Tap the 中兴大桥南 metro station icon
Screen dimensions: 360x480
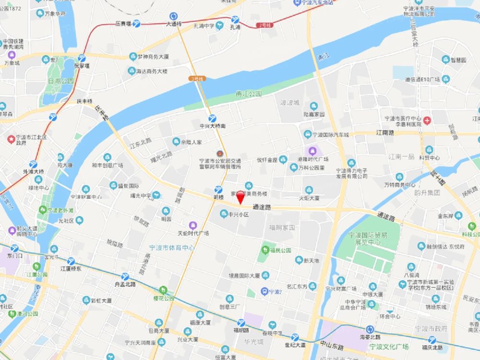coord(212,118)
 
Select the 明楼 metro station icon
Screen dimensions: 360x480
coord(218,190)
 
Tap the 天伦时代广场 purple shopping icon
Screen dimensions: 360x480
coord(193,225)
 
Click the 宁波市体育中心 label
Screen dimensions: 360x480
coord(171,248)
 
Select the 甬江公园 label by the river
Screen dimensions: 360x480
coord(248,94)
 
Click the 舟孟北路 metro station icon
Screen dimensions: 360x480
coord(125,276)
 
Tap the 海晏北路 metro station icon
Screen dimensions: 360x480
coord(370,329)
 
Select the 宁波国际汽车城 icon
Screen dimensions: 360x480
coord(307,134)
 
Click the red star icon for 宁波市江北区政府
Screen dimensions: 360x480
coord(11,139)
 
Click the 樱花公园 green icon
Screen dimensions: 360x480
coord(163,290)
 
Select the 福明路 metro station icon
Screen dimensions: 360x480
coord(240,323)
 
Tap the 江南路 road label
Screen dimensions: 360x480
coord(384,132)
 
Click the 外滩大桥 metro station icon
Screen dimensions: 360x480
coord(33,164)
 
